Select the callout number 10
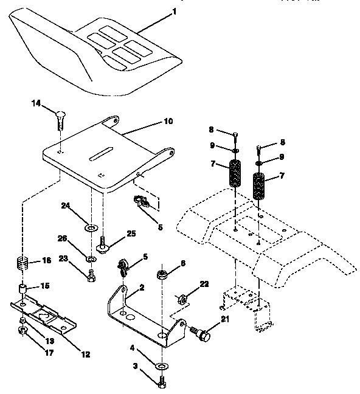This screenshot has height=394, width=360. coord(168,121)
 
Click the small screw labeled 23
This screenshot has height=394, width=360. coord(91,277)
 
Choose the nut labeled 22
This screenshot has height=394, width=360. coord(181,299)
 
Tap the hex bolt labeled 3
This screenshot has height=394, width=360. coord(162,382)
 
